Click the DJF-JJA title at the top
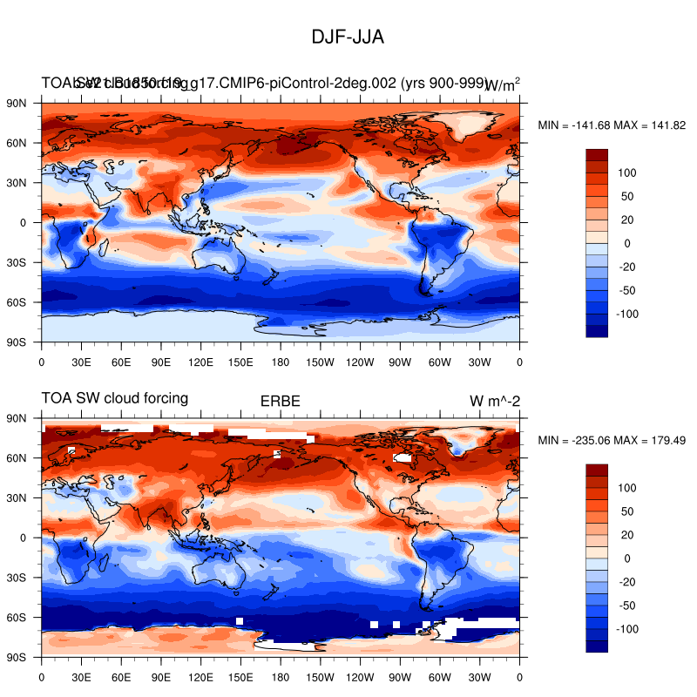[x=348, y=37]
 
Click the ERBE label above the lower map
[x=281, y=402]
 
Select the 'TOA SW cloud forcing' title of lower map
[x=115, y=398]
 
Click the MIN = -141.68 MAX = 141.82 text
[x=612, y=125]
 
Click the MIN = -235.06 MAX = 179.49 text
[x=612, y=441]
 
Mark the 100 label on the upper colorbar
[x=628, y=173]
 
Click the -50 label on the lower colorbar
[x=628, y=606]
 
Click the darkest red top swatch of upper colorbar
[x=597, y=155]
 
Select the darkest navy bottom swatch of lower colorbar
[x=597, y=646]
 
